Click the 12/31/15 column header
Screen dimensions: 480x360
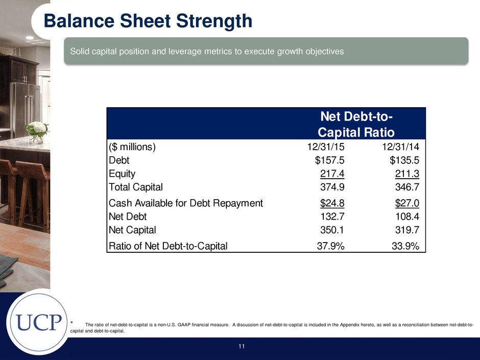(326, 147)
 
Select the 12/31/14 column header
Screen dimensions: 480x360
(401, 147)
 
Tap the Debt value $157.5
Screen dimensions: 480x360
(330, 160)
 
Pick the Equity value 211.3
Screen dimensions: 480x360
(407, 174)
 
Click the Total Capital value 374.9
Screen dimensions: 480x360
(332, 187)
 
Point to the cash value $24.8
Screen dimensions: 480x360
(332, 203)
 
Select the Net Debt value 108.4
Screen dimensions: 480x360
(407, 217)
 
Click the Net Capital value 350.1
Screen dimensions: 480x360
(332, 230)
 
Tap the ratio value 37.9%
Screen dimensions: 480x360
(330, 246)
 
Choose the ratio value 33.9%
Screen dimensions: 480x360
(405, 246)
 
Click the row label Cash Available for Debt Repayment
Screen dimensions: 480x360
(186, 203)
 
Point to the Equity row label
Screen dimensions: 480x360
(122, 174)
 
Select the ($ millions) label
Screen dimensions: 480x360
(132, 147)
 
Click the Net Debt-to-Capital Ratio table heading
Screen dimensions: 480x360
(356, 124)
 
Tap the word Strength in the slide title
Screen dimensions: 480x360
(214, 21)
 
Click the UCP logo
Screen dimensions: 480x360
(39, 322)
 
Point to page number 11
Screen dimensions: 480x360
(242, 346)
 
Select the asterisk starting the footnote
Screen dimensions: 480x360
(71, 322)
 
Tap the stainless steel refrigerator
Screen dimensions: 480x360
(25, 109)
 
